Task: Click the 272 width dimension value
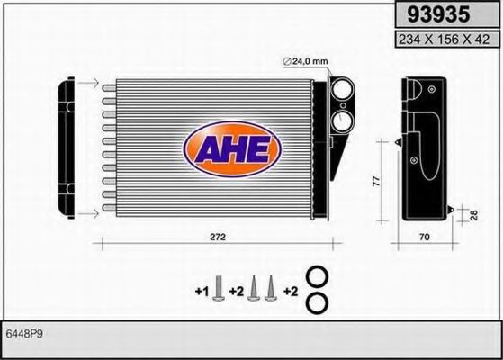click(216, 237)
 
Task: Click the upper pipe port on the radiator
click(343, 91)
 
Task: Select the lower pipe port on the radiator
click(343, 122)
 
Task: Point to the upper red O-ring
click(317, 277)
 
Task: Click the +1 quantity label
click(201, 292)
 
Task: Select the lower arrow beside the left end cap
click(87, 213)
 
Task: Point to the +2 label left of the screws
click(237, 292)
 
